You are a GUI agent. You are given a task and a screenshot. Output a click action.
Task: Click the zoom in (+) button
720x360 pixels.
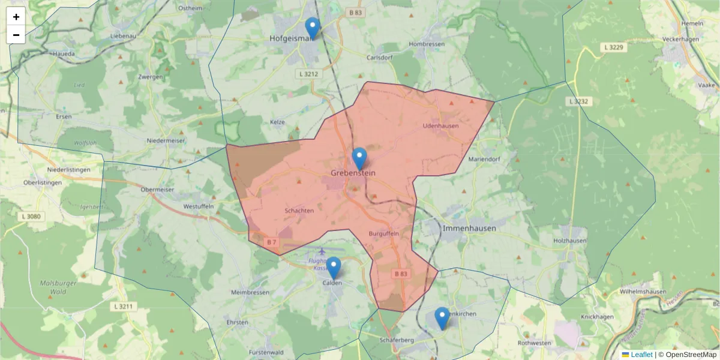coord(16,17)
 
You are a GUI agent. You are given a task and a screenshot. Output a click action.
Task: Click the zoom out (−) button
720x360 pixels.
coord(16,35)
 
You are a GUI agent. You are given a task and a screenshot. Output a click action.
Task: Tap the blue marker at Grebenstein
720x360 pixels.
coord(359,158)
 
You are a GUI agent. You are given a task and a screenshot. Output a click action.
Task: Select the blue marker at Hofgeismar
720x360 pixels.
coord(312,28)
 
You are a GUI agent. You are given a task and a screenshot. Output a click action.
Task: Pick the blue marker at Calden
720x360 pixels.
coord(333,268)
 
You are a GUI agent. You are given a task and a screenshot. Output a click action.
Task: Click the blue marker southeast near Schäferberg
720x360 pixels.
coord(442,318)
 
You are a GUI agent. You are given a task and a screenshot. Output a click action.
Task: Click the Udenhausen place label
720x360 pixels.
coord(440,126)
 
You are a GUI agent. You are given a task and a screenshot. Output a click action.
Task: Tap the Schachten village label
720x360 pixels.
coord(299,211)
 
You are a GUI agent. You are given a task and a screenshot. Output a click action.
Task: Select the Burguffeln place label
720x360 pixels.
coord(384,233)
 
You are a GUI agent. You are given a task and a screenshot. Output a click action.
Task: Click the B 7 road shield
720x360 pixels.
coord(271,242)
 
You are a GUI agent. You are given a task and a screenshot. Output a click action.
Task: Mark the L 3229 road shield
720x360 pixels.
coord(615,47)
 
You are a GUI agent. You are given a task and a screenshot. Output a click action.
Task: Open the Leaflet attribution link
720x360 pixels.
coord(641,355)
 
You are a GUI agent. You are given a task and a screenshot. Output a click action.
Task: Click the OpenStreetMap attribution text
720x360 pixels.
coord(691,355)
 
